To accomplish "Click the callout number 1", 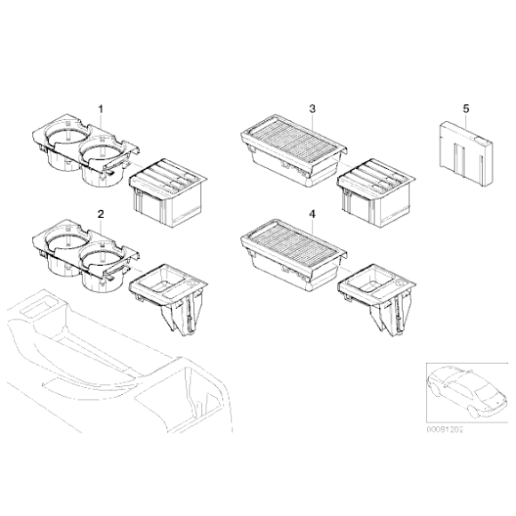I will (x=101, y=109).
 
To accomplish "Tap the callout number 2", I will (x=101, y=215).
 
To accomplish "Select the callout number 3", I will (x=312, y=109).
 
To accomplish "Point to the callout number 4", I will (x=312, y=214).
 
